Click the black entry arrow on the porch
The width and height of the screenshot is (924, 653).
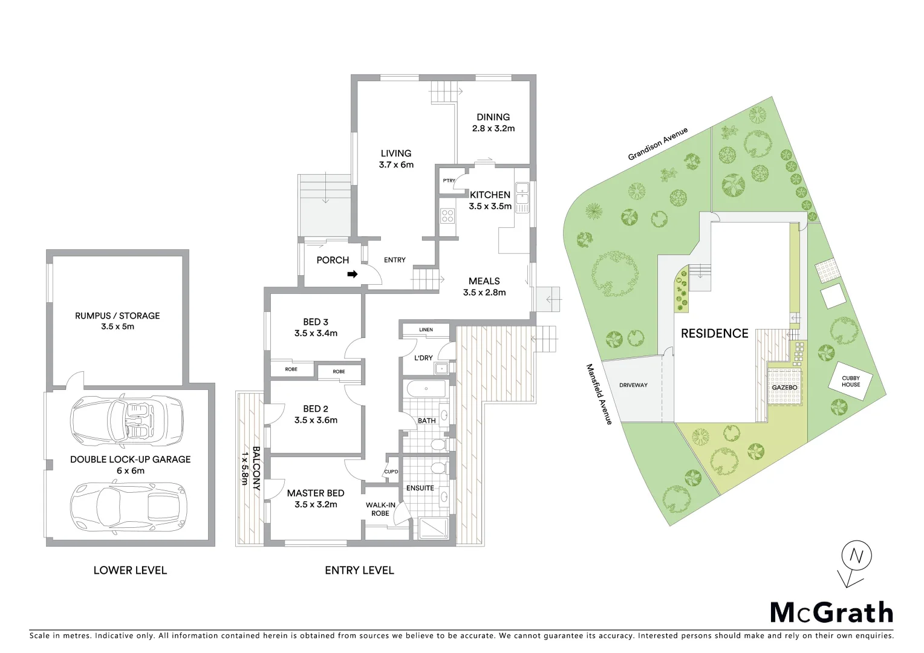(x=352, y=275)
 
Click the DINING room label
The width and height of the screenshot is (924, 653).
(x=493, y=117)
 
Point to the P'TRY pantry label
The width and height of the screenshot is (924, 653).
(x=449, y=181)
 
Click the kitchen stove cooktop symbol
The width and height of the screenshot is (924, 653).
(x=447, y=215)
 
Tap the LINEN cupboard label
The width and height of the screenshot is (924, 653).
(x=426, y=330)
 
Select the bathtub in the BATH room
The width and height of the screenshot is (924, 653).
(x=426, y=389)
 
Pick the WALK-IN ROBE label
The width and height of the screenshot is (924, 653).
(x=380, y=509)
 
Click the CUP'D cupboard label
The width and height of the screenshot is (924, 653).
(x=391, y=472)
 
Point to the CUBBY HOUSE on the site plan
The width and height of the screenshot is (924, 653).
(x=851, y=382)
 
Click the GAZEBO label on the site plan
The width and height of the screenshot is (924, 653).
(x=784, y=388)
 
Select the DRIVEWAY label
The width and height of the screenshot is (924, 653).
(x=633, y=385)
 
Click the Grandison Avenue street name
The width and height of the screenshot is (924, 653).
(x=657, y=144)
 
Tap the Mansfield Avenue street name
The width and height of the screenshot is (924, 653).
(x=599, y=394)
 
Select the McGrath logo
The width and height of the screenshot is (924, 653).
(x=831, y=612)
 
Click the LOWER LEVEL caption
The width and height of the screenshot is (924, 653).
(x=130, y=570)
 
